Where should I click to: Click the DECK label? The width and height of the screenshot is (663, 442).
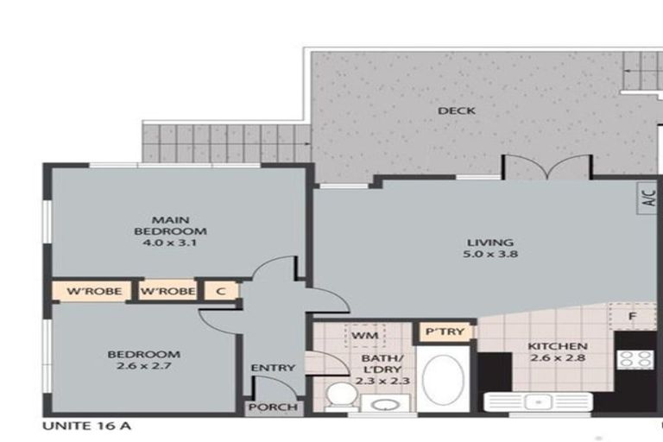tap(457, 110)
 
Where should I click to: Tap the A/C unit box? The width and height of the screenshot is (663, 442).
tap(647, 198)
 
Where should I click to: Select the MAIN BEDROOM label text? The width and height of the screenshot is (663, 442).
tap(170, 225)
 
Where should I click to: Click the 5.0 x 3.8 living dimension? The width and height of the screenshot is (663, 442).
tap(490, 254)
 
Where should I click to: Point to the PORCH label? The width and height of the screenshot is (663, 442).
tap(273, 407)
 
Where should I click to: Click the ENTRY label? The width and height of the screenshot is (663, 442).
tap(273, 368)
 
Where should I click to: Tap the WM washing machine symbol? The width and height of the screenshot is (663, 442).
tap(365, 336)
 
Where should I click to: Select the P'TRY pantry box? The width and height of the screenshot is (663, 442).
tap(445, 331)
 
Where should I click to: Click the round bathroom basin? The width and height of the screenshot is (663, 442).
tap(385, 405)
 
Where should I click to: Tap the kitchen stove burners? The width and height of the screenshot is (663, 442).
tap(635, 359)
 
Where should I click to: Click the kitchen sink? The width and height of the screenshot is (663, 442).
tap(539, 401)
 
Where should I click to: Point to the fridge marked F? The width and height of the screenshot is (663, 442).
tap(633, 316)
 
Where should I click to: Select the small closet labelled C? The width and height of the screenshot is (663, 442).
tap(221, 291)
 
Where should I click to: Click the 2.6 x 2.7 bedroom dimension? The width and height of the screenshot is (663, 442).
tap(144, 366)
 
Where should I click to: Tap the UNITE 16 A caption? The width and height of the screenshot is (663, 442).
tap(86, 426)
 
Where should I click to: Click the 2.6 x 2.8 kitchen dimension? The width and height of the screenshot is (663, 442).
tap(558, 357)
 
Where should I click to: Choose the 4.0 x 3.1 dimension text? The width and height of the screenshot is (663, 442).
tap(169, 243)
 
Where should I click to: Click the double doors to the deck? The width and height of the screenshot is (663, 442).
tap(547, 167)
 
